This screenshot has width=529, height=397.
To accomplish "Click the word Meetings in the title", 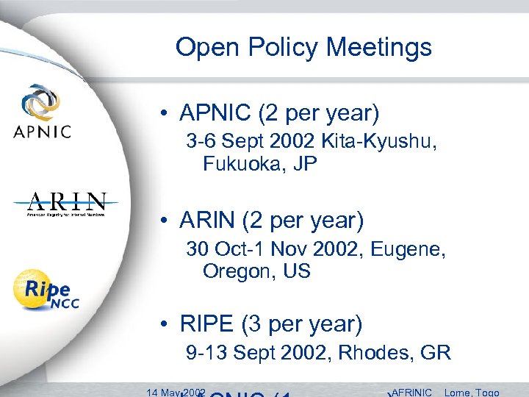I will pyautogui.click(x=379, y=49).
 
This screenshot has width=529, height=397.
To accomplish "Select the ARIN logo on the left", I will pyautogui.click(x=66, y=205).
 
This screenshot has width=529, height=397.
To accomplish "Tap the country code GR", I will pyautogui.click(x=436, y=353).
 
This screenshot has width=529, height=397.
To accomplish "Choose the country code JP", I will pyautogui.click(x=303, y=163).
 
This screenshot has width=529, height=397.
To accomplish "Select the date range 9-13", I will pyautogui.click(x=206, y=353).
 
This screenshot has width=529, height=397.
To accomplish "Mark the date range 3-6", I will pyautogui.click(x=202, y=141).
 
